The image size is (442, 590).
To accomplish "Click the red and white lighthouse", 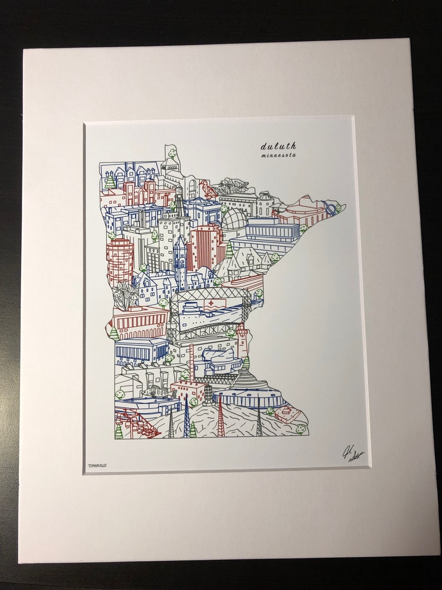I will coord(243,339).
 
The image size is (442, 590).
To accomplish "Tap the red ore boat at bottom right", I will coord(288,414).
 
